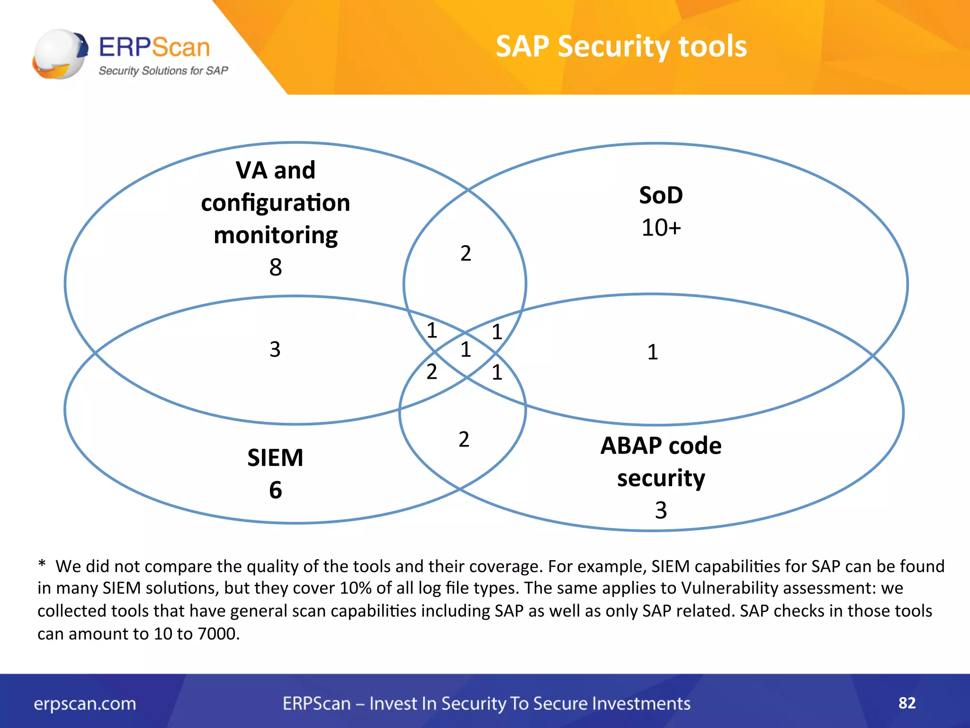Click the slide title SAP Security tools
point(621,46)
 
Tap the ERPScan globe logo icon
point(60,54)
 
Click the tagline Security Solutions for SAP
point(163,71)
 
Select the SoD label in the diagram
point(661,195)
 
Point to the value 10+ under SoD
point(661,227)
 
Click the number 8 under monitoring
point(275,267)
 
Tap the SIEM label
point(275,458)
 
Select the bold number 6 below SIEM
point(275,490)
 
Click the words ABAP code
point(661,446)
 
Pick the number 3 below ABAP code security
point(661,510)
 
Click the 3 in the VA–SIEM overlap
point(275,349)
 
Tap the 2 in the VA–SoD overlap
point(466,253)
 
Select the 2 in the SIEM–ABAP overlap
point(464,439)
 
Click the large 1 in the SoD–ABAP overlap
point(652,352)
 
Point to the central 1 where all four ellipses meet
point(466,350)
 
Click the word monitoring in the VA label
point(275,235)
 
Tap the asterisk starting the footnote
point(42,564)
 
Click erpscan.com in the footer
point(85,703)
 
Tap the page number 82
point(907,702)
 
